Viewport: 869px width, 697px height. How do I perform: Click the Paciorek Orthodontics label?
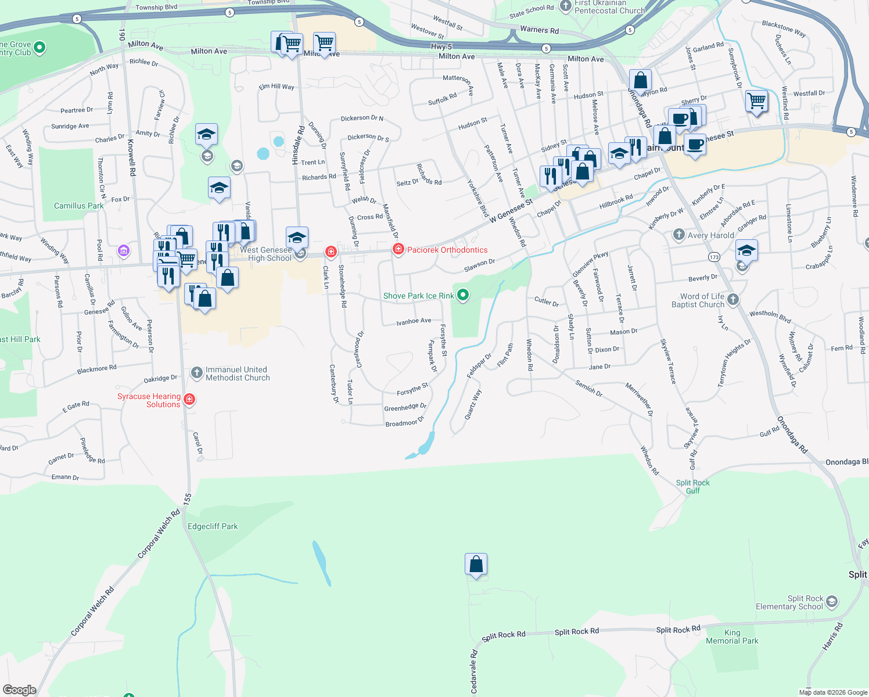pyautogui.click(x=447, y=250)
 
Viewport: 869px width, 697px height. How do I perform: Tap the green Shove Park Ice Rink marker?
pyautogui.click(x=463, y=295)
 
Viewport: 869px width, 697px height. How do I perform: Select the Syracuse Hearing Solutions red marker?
pyautogui.click(x=189, y=400)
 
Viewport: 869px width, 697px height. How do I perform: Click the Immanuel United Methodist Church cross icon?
pyautogui.click(x=197, y=372)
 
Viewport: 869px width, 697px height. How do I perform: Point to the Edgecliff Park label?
pyautogui.click(x=213, y=526)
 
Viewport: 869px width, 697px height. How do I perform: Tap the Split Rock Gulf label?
pyautogui.click(x=692, y=487)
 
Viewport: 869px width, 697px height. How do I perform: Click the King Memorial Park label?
pyautogui.click(x=732, y=637)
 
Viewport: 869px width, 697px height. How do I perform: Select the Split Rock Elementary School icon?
pyautogui.click(x=832, y=601)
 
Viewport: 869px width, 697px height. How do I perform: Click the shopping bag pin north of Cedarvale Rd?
pyautogui.click(x=476, y=564)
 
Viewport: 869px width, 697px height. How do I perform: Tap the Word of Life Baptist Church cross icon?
pyautogui.click(x=733, y=299)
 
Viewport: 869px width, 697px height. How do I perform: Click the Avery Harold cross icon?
pyautogui.click(x=678, y=235)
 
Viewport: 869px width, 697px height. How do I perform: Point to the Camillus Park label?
pyautogui.click(x=78, y=206)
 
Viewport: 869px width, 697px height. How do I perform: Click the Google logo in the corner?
pyautogui.click(x=19, y=689)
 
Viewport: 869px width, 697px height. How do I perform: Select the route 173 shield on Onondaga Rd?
pyautogui.click(x=714, y=257)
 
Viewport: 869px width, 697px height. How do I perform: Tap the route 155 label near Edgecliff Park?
pyautogui.click(x=187, y=499)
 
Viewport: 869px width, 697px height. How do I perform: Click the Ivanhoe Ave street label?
pyautogui.click(x=414, y=321)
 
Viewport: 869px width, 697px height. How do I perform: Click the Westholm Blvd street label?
pyautogui.click(x=770, y=317)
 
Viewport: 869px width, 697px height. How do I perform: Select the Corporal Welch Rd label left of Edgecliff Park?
pyautogui.click(x=159, y=535)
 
